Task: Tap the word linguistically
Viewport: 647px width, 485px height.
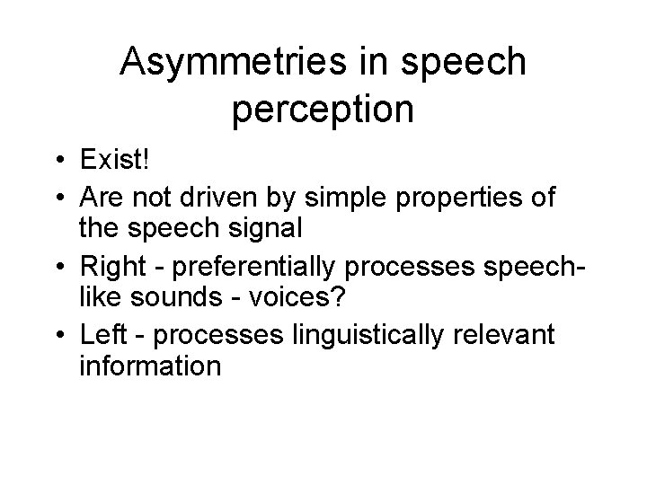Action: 362,336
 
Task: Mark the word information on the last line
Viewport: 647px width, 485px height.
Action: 149,366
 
